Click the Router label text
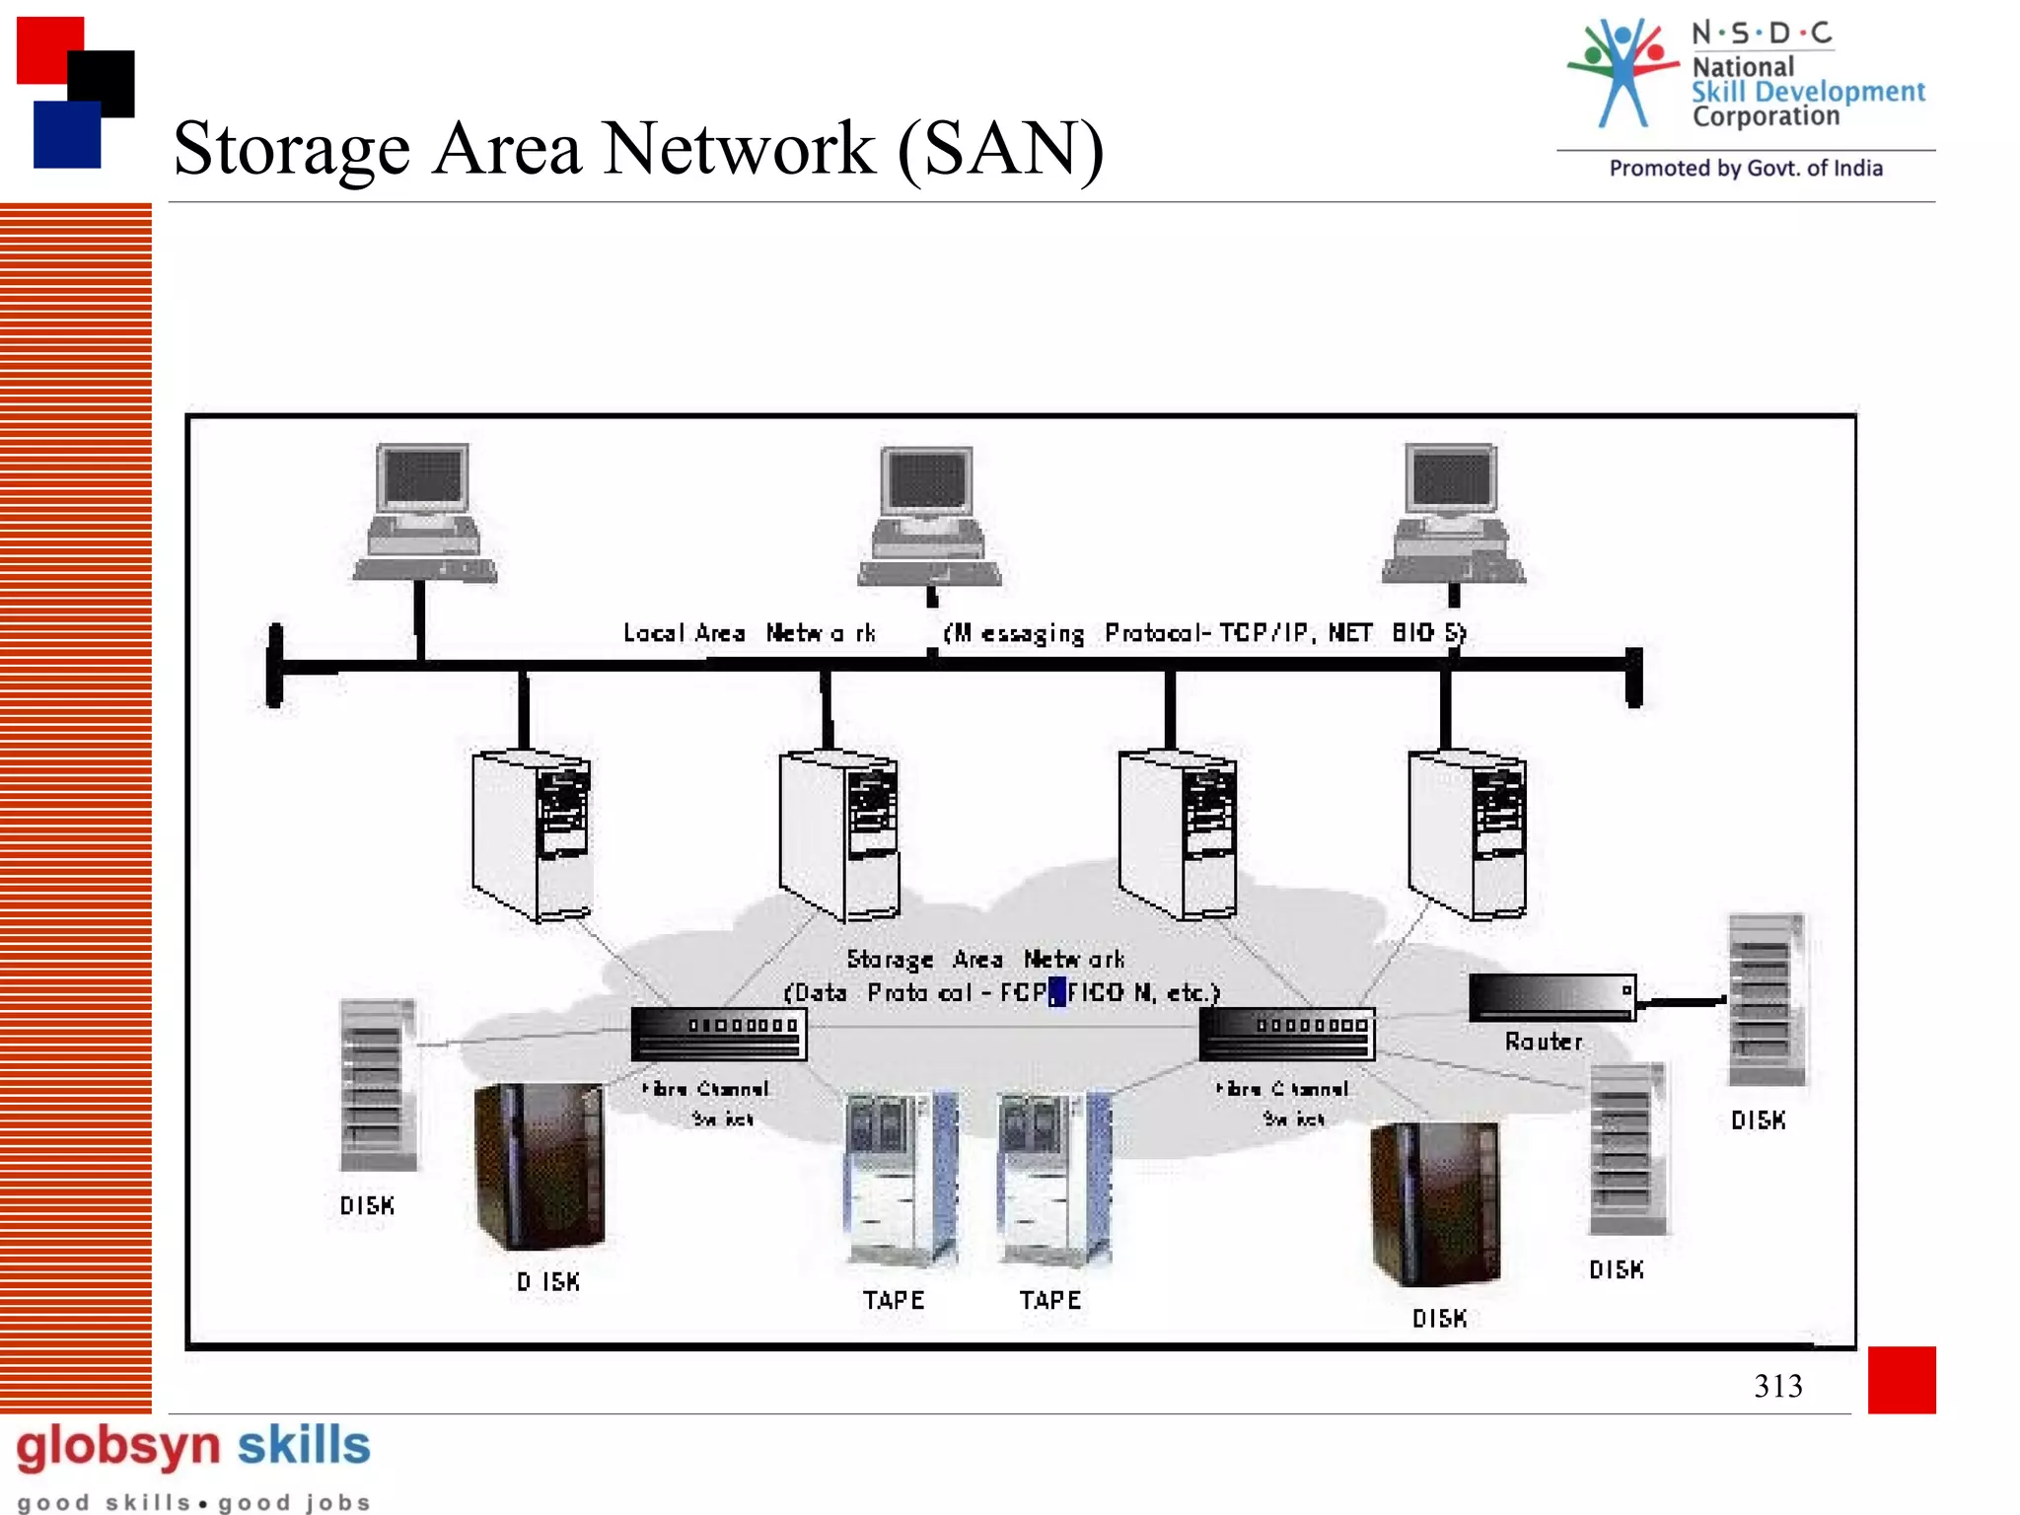pyautogui.click(x=1544, y=1042)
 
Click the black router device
pyautogui.click(x=1551, y=996)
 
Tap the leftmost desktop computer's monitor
pyautogui.click(x=424, y=478)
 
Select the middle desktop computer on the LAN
pyautogui.click(x=929, y=518)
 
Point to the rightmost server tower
pyautogui.click(x=1469, y=834)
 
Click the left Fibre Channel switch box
pyautogui.click(x=719, y=1034)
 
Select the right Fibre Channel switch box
pyautogui.click(x=1286, y=1034)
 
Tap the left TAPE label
pyautogui.click(x=894, y=1300)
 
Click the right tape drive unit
pyautogui.click(x=1054, y=1179)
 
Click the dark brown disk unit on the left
pyautogui.click(x=540, y=1166)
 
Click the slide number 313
pyautogui.click(x=1777, y=1386)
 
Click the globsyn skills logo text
pyautogui.click(x=193, y=1446)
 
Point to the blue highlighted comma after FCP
pyautogui.click(x=1056, y=991)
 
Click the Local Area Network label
pyautogui.click(x=749, y=633)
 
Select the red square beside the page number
pyautogui.click(x=1901, y=1379)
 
